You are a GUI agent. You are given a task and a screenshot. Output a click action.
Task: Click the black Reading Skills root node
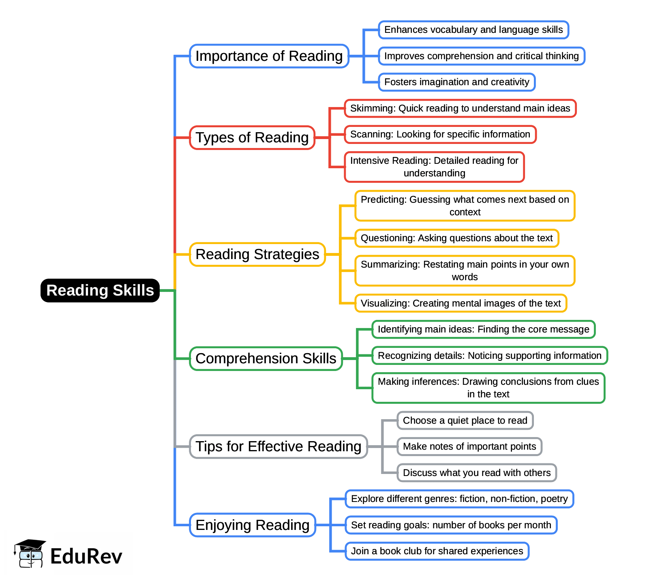click(x=100, y=290)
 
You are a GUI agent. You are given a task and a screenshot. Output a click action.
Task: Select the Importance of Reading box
click(x=269, y=56)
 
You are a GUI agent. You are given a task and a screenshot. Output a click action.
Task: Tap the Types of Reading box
click(x=252, y=137)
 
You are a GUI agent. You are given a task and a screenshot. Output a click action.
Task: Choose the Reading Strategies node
click(x=257, y=254)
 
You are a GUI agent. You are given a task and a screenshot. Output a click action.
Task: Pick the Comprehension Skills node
click(x=266, y=358)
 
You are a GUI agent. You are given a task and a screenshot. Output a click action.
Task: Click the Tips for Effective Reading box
click(x=278, y=446)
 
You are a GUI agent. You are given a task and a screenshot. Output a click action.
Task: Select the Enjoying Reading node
click(x=253, y=525)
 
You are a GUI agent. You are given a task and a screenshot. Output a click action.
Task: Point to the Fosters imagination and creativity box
click(x=457, y=82)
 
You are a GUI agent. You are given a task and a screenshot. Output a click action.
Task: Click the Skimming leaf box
click(x=460, y=108)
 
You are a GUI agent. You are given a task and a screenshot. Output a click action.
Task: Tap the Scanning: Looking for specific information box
click(x=440, y=134)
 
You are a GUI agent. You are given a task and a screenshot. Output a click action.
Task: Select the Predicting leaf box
click(x=465, y=206)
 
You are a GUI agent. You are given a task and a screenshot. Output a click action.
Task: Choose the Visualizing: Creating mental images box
click(x=461, y=303)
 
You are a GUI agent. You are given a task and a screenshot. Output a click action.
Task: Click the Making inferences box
click(x=488, y=388)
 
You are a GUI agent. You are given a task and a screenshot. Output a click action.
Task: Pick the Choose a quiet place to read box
click(x=465, y=420)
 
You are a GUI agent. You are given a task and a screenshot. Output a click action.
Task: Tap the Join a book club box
click(x=437, y=551)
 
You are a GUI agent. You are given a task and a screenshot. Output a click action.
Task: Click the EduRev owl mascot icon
click(x=30, y=553)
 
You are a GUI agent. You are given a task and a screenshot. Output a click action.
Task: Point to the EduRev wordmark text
click(x=86, y=556)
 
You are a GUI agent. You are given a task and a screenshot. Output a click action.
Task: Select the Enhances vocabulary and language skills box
click(x=473, y=30)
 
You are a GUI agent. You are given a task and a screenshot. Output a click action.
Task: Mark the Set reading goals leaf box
click(x=451, y=525)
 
